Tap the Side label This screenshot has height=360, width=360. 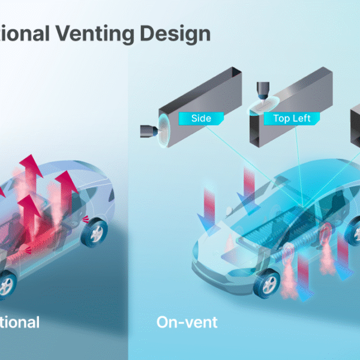pyautogui.click(x=201, y=118)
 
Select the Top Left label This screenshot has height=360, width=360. pyautogui.click(x=292, y=118)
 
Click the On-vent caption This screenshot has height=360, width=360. pyautogui.click(x=187, y=322)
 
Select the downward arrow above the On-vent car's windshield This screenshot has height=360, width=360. pyautogui.click(x=249, y=184)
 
